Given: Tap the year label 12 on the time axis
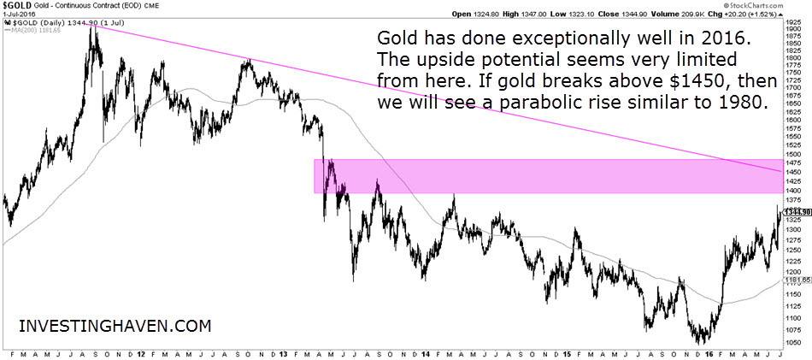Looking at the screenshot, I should (140, 353).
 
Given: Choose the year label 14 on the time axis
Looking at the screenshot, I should (425, 353).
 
